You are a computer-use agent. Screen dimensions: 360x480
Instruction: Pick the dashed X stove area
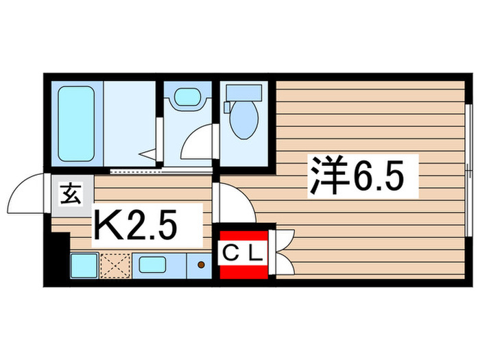(113, 265)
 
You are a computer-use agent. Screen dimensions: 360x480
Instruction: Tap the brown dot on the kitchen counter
(200, 265)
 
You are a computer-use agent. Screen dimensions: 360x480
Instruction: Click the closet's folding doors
(283, 250)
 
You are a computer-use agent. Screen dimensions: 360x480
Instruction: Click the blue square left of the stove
(83, 265)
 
